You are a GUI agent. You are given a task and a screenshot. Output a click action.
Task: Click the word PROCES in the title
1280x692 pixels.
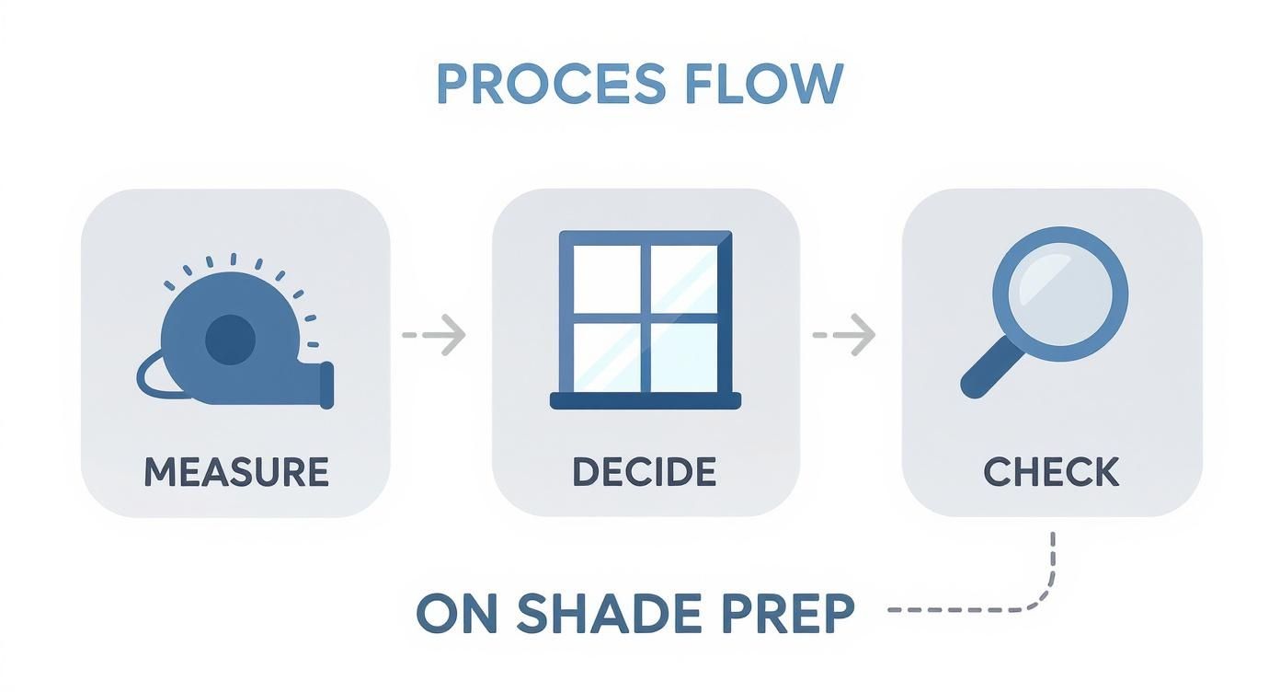[x=550, y=84]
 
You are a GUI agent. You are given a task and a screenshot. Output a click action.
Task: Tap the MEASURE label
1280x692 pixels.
[x=236, y=472]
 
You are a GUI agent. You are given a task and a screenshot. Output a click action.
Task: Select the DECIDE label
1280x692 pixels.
[x=644, y=472]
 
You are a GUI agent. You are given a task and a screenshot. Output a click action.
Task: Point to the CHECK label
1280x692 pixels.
[x=1051, y=472]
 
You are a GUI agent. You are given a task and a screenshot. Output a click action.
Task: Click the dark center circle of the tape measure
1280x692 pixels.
[x=229, y=340]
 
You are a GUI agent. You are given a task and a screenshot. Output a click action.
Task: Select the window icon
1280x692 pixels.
[x=646, y=318]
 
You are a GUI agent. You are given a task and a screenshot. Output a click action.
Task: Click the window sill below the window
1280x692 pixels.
[x=646, y=399]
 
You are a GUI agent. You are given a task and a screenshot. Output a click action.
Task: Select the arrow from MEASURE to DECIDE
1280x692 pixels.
[x=435, y=335]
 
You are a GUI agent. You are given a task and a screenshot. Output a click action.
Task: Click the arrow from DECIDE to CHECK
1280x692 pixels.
[x=844, y=335]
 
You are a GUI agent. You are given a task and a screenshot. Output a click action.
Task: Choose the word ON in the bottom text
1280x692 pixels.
[x=456, y=613]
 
